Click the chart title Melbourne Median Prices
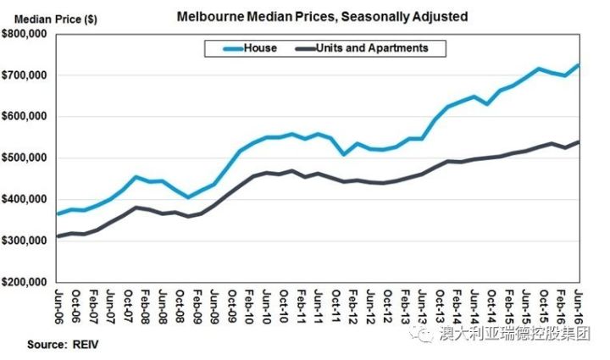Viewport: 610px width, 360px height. (322, 16)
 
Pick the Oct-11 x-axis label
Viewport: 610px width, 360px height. (336, 306)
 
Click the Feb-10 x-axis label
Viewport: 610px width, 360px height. (249, 306)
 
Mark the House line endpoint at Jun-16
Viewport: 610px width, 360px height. (579, 65)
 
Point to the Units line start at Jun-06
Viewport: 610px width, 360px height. (57, 236)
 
